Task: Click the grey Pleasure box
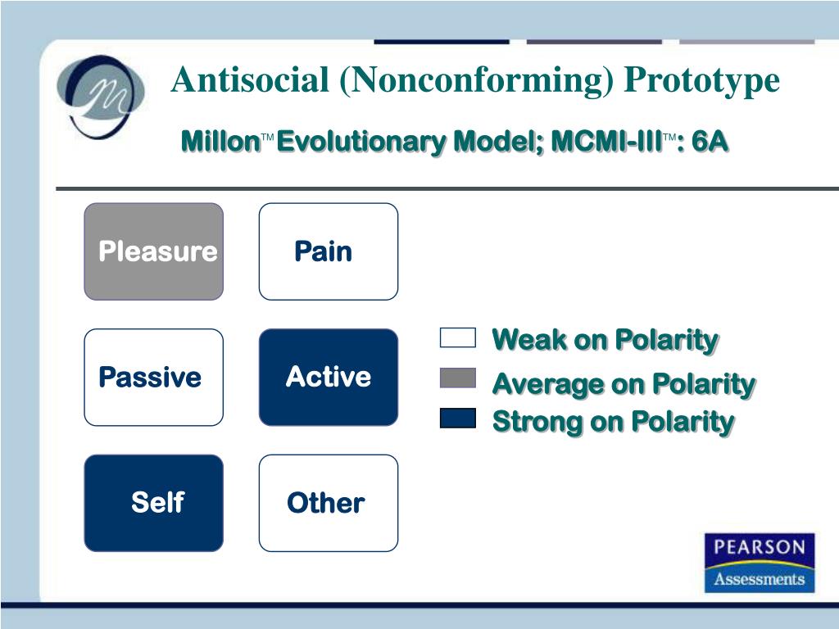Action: tap(153, 251)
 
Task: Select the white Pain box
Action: tap(329, 251)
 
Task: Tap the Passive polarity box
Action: tap(153, 377)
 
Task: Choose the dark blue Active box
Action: tap(329, 377)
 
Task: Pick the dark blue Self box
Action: tap(153, 503)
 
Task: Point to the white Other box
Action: tap(329, 503)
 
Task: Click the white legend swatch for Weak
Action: tap(458, 337)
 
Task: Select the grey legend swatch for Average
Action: tap(458, 378)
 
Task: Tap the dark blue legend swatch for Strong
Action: tap(458, 419)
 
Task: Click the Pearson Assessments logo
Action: tap(760, 563)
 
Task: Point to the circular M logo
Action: tap(100, 97)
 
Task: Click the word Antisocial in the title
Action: tap(250, 80)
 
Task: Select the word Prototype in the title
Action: tap(701, 81)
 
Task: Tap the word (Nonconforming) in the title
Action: tap(476, 81)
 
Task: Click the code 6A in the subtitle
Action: tap(710, 141)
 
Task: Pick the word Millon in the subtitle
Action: tap(221, 141)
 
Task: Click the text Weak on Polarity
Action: tap(605, 340)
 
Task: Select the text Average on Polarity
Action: tap(624, 384)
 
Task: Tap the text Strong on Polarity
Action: tap(613, 422)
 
